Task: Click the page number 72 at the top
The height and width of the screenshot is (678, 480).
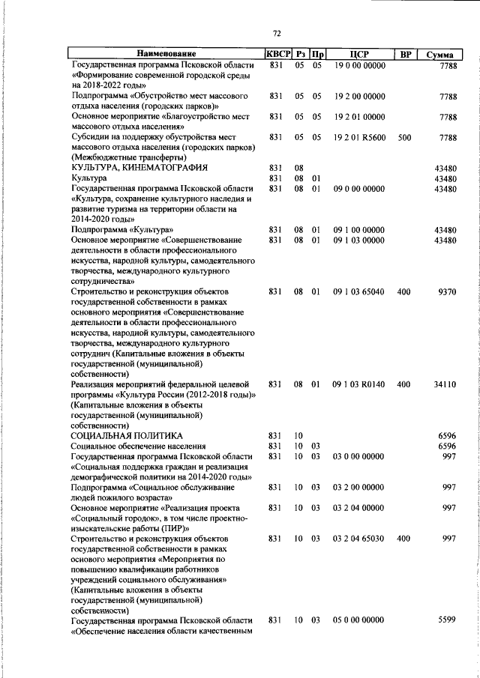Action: pos(277,33)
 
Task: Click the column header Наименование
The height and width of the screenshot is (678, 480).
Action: pos(166,54)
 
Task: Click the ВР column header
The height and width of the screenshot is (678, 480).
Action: pos(404,54)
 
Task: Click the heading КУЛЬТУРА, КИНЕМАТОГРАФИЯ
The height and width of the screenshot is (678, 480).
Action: pos(139,168)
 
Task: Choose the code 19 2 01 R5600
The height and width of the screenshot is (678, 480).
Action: pos(359,138)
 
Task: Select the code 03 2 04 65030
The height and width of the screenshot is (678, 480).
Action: pos(358,539)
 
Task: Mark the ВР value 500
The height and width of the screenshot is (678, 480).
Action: pos(404,138)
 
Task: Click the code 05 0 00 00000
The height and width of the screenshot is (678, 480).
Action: pos(358,620)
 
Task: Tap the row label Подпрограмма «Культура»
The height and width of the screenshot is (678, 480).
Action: pos(123,229)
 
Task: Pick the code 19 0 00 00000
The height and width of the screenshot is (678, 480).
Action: pos(358,65)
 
